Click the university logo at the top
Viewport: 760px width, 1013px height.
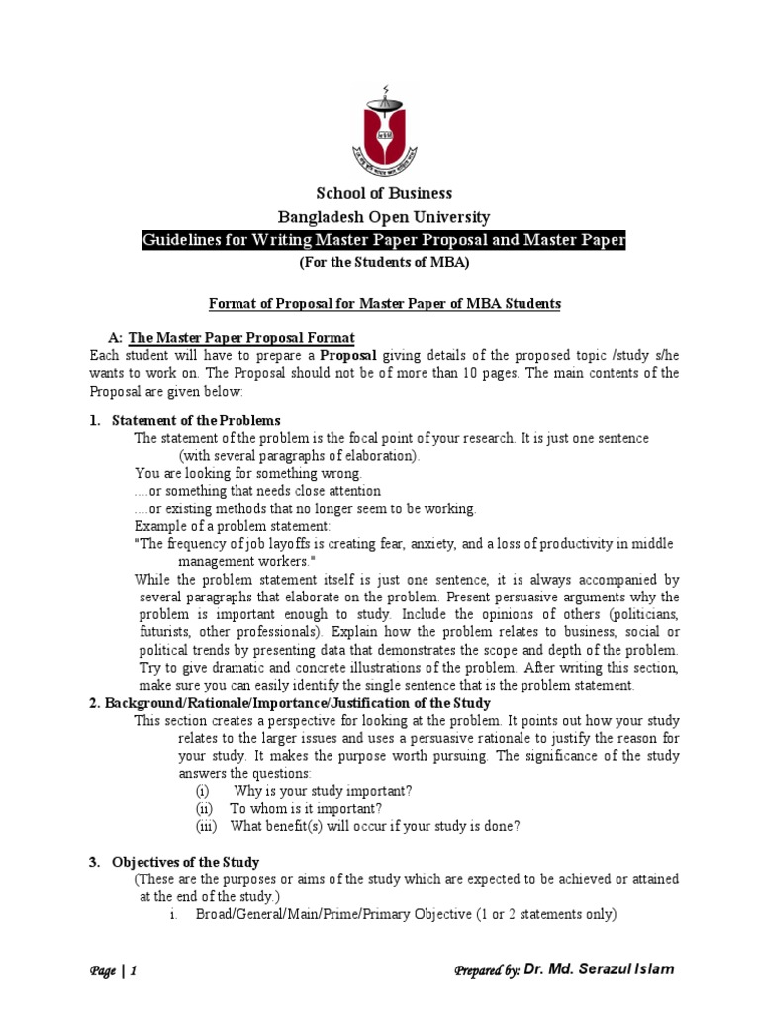tap(382, 130)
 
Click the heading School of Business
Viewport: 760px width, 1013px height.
tap(383, 193)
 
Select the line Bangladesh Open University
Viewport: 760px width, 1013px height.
tap(383, 217)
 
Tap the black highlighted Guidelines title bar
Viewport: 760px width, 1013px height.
tap(383, 241)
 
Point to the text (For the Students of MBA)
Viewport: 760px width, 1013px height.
tap(383, 263)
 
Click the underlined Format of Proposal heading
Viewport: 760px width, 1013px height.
tap(383, 304)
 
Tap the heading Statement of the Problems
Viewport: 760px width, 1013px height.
tap(196, 421)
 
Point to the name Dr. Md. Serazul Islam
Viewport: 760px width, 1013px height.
tap(599, 969)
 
